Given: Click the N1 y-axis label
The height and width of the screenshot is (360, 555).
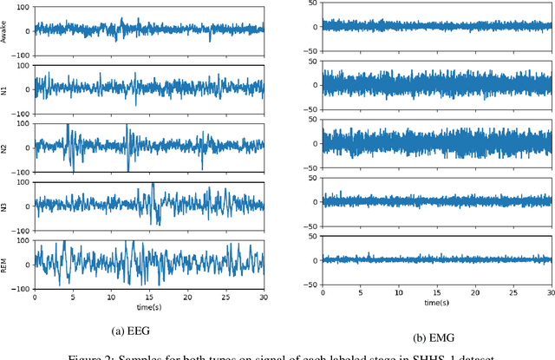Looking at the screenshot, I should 5,88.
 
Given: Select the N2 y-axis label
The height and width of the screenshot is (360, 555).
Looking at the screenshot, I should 5,147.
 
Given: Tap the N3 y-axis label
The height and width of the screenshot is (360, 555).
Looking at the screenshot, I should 5,206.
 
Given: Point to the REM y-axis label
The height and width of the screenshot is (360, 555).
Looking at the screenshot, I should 5,265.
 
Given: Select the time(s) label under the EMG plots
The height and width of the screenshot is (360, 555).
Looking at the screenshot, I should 436,303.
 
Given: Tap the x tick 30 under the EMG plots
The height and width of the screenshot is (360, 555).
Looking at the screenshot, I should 550,293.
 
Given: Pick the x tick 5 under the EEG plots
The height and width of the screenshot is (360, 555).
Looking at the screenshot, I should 73,298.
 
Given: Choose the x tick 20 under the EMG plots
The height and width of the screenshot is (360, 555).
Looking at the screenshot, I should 473,293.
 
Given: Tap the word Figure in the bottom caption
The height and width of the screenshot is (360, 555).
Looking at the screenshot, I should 89,356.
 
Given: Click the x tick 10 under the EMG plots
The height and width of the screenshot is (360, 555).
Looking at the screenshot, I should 397,293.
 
